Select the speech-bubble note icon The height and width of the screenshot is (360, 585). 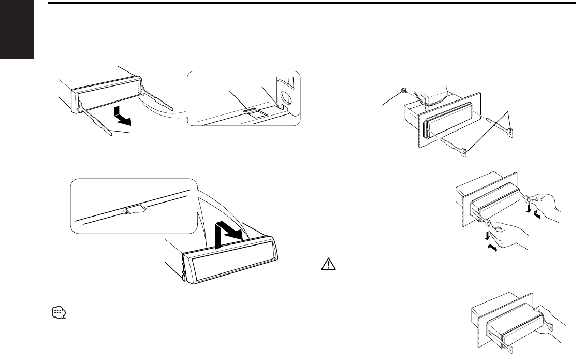tap(59, 312)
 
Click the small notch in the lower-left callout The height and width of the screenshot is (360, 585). tap(134, 210)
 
